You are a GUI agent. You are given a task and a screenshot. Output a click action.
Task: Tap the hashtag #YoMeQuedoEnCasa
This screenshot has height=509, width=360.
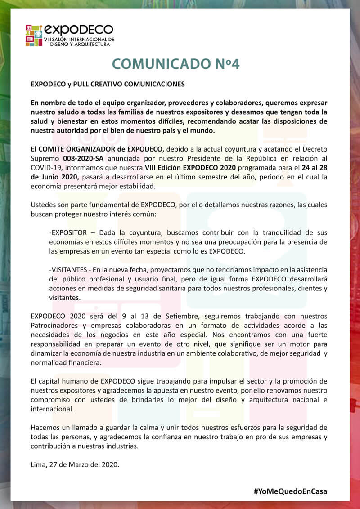point(290,491)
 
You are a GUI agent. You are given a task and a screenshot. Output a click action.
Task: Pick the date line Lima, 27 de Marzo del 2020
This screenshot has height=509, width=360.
point(75,464)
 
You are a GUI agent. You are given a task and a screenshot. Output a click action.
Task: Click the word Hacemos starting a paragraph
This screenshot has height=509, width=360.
point(45,427)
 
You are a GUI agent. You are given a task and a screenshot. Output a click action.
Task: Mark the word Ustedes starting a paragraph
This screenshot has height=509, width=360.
point(44,205)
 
